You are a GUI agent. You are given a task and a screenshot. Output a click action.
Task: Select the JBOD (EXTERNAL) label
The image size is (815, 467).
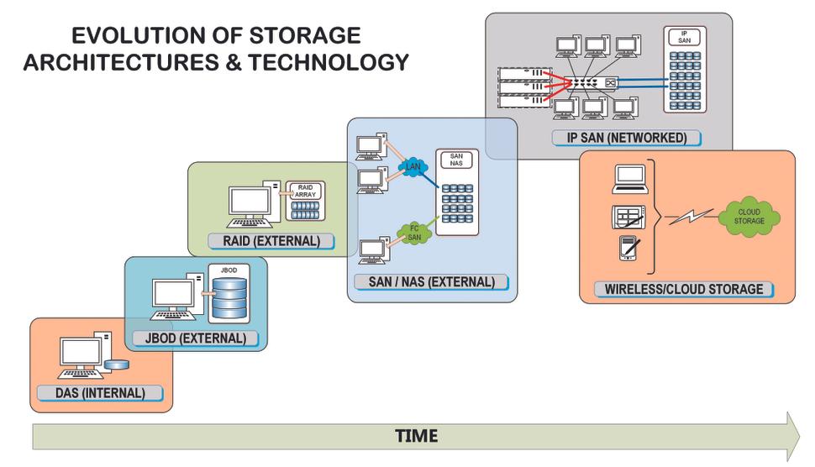196,338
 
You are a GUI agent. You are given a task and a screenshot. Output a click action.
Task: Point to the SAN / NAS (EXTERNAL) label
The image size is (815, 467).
431,281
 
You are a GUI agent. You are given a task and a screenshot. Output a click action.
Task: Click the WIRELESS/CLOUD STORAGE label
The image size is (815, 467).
684,289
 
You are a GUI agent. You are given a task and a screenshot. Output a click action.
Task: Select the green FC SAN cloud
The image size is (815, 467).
413,232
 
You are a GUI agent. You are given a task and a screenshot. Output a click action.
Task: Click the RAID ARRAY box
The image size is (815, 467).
305,201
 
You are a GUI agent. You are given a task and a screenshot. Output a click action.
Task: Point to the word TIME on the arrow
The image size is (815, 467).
416,437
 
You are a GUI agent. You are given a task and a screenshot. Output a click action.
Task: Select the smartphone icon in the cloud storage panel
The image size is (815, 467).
628,249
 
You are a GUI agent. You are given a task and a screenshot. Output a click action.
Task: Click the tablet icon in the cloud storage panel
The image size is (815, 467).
628,218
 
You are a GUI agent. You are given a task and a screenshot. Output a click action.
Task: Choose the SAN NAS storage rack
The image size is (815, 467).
457,193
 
